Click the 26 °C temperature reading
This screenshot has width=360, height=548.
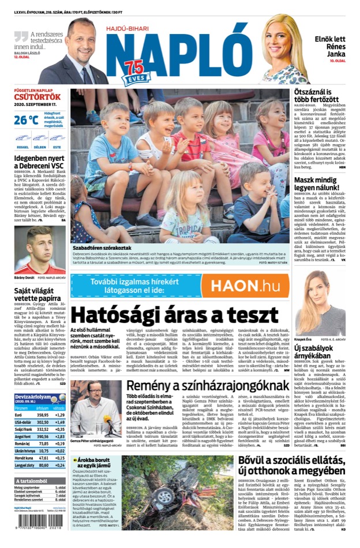click(x=27, y=120)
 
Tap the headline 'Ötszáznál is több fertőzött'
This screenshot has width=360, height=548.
click(x=320, y=96)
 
